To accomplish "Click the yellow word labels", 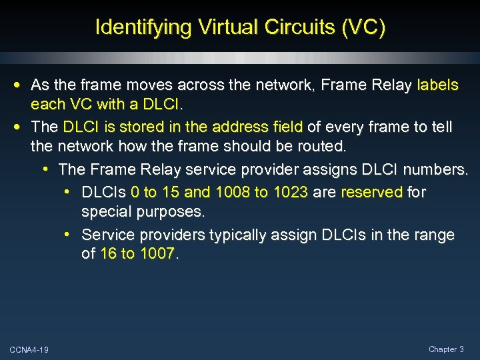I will point(437,85).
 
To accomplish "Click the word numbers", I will point(436,170).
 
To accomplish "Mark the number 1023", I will point(289,192).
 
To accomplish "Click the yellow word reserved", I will point(371,192).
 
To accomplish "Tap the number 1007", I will point(157,254).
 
